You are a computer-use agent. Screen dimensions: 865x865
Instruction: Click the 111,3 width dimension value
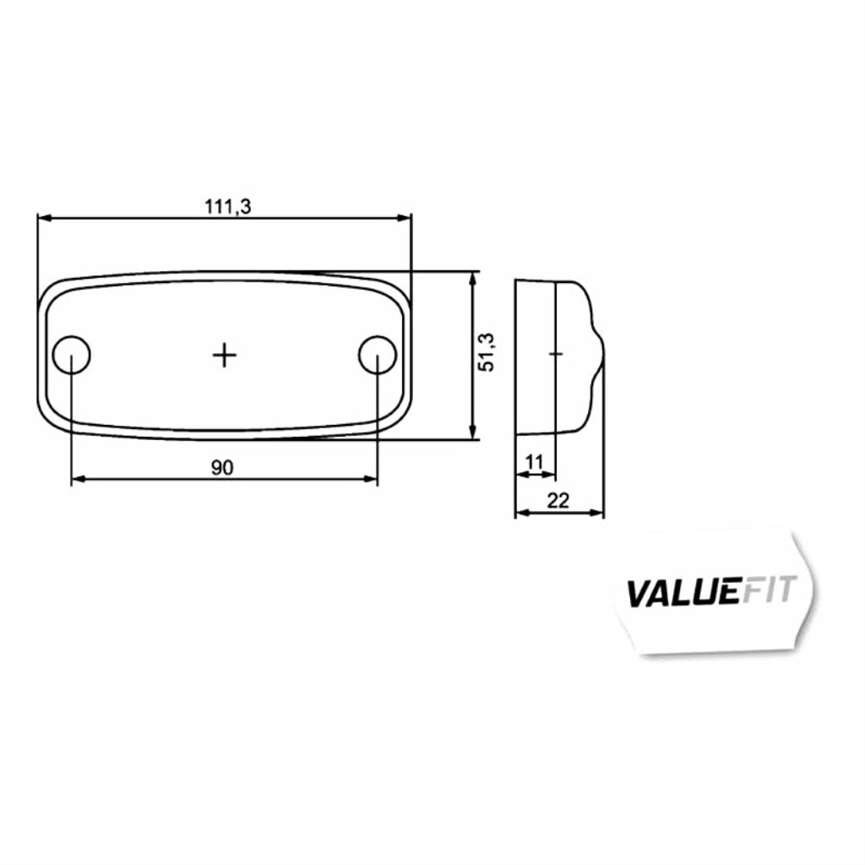pyautogui.click(x=228, y=207)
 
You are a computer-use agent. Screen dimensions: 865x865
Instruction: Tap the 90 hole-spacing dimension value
pyautogui.click(x=222, y=468)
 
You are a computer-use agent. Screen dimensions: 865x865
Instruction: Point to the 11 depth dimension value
pyautogui.click(x=535, y=462)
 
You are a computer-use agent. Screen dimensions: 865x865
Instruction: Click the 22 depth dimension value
pyautogui.click(x=558, y=501)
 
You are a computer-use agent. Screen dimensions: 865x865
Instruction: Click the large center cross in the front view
pyautogui.click(x=225, y=355)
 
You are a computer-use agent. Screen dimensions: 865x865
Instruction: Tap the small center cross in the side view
pyautogui.click(x=556, y=353)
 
